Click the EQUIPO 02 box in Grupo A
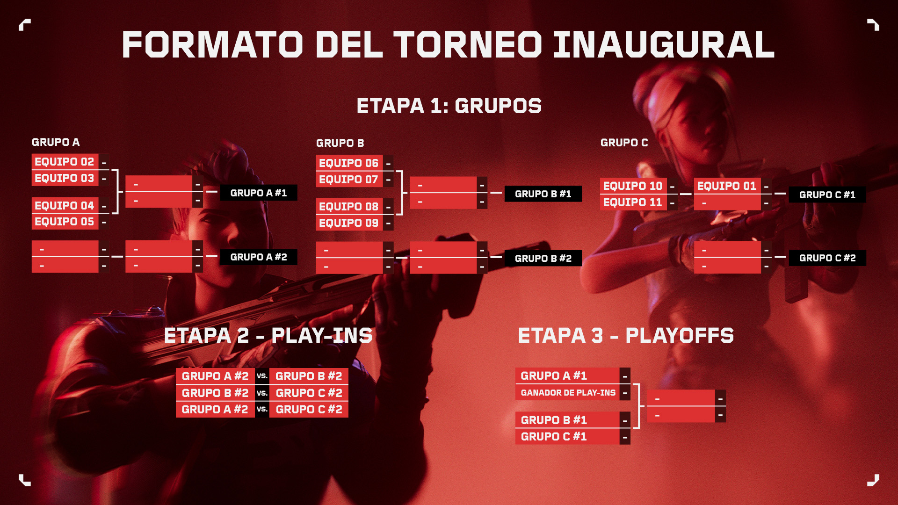point(65,162)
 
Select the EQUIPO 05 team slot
point(65,222)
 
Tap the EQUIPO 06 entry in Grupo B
point(349,163)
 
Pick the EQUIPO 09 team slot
point(349,223)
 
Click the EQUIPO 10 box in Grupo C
point(633,186)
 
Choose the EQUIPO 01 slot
point(727,186)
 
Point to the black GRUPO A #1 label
point(259,193)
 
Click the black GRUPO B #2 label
point(543,258)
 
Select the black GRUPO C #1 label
point(827,195)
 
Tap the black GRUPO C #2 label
point(827,258)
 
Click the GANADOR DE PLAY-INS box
point(568,393)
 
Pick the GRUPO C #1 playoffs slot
point(568,436)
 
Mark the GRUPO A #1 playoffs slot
point(568,375)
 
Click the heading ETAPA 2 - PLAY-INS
point(268,335)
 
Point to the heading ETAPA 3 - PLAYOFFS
point(626,335)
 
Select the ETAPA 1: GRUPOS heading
point(449,106)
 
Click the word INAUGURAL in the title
point(664,44)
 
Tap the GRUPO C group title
point(624,143)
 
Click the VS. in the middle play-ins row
point(262,393)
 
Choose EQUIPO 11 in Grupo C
point(633,202)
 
